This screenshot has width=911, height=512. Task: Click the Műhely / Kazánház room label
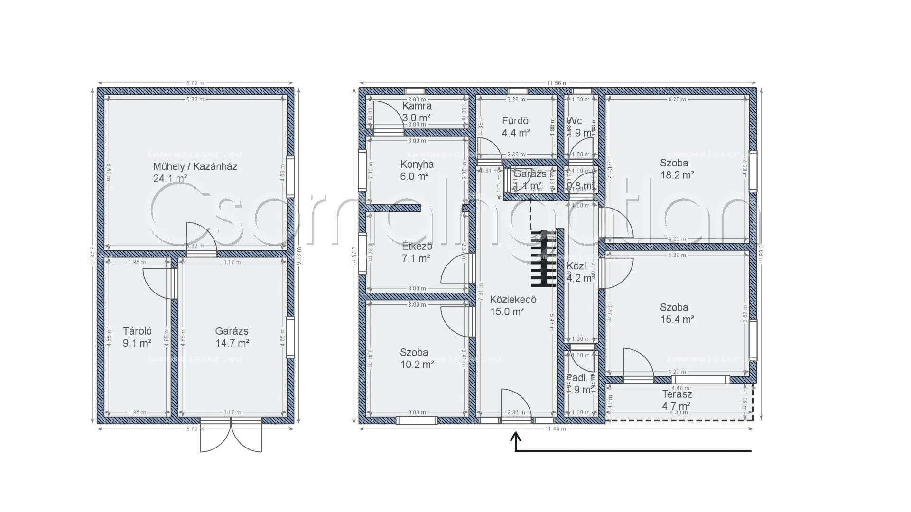point(195,166)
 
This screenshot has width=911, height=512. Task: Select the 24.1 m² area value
point(169,179)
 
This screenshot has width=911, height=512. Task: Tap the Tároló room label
point(137,331)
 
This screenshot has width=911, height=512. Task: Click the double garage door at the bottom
point(231,435)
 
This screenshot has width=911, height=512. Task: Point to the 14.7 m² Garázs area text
point(232,343)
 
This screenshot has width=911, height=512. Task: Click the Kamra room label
point(417,106)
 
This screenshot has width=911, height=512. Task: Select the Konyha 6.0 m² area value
point(414,176)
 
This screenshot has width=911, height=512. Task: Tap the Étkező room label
point(417,247)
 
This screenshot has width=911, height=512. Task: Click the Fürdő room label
point(515,121)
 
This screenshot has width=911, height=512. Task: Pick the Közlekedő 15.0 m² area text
point(507,311)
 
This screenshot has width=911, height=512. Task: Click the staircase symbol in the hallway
point(543,259)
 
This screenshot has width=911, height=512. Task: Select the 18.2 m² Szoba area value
point(677,175)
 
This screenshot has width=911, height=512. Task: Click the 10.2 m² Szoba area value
point(417,365)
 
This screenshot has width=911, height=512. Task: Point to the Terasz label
point(677,394)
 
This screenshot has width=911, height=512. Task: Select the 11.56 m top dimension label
point(557,83)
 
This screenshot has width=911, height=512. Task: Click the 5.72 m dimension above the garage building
point(195,83)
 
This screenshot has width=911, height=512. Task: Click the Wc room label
point(574,121)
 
